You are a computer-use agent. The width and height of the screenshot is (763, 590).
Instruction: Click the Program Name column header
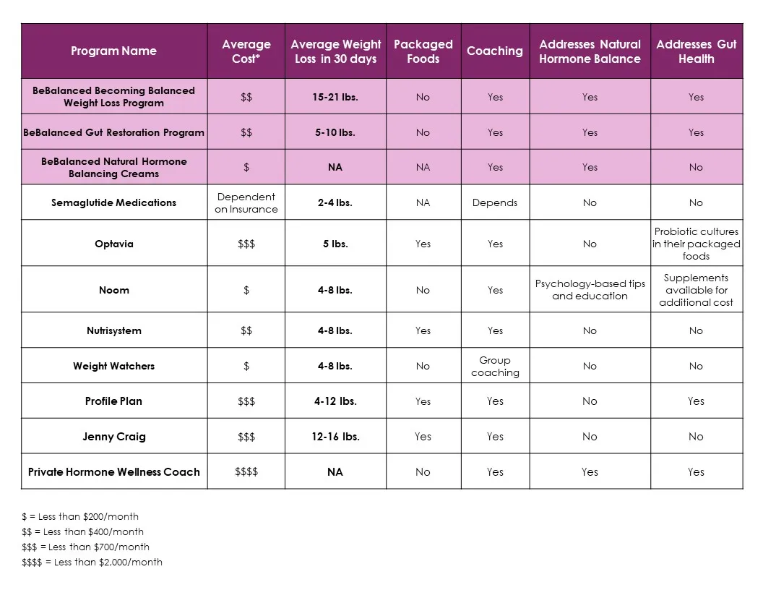113,51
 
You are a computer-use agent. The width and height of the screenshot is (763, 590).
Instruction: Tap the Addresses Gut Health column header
696,51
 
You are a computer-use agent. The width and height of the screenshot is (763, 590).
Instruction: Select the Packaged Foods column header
423,51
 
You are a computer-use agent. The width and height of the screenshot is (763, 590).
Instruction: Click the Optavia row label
113,244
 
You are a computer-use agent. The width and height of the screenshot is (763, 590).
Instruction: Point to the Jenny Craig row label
113,437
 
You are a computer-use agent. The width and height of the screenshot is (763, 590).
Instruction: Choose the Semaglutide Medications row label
113,202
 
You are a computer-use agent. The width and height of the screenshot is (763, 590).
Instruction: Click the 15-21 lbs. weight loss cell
335,97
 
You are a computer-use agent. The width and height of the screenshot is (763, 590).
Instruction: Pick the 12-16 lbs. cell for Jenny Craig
335,437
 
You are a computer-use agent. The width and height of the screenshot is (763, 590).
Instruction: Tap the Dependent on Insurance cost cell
246,202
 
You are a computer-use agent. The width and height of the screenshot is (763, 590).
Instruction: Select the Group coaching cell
495,366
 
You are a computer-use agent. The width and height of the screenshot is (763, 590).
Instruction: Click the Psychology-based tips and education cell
590,289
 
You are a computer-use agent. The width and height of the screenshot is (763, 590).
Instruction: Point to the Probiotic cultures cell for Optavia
696,244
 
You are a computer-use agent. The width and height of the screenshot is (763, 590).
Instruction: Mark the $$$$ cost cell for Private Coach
246,472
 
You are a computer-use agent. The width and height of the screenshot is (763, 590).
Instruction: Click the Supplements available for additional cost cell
696,289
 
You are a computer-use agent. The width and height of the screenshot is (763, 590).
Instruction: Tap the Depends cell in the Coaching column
495,202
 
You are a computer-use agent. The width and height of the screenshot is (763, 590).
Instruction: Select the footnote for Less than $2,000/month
92,562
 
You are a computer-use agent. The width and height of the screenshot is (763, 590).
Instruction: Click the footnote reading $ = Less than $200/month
80,516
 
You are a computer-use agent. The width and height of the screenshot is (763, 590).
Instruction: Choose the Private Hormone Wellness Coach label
113,472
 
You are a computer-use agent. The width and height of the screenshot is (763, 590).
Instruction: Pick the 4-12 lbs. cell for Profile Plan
335,401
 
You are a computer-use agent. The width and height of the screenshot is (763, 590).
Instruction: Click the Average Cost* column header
246,51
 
